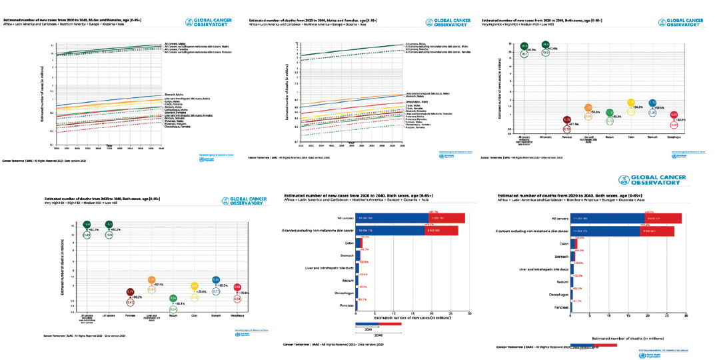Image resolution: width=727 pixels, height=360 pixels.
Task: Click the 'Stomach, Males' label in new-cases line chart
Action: pyautogui.click(x=174, y=96)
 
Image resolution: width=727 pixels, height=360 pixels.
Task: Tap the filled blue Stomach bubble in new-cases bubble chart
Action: pyautogui.click(x=652, y=103)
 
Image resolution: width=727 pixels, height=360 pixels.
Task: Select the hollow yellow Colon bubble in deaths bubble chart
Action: pyautogui.click(x=195, y=297)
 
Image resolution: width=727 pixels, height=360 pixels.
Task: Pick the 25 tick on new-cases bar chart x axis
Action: pyautogui.click(x=451, y=312)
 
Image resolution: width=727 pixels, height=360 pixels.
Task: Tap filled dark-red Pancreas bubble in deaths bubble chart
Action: pyautogui.click(x=131, y=291)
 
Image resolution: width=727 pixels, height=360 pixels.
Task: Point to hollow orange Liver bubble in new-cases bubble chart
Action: pyautogui.click(x=588, y=116)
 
